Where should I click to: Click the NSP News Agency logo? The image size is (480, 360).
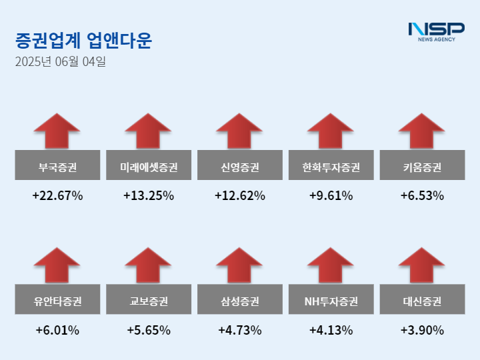tap(436, 31)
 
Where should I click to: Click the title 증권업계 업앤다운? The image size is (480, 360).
tap(83, 41)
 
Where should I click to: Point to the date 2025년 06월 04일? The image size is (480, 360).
tap(60, 63)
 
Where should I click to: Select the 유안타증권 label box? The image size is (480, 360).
tap(57, 301)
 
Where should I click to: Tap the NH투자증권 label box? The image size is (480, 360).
tap(331, 301)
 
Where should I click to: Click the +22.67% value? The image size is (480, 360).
tap(57, 196)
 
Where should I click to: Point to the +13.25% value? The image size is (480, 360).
tap(149, 196)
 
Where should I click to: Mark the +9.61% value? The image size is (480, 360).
tap(331, 196)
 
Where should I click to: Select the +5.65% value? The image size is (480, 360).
tap(149, 330)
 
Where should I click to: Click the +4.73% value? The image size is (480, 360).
tap(240, 330)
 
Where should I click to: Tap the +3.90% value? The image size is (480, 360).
tap(422, 330)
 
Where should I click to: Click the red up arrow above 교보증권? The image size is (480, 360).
tap(149, 265)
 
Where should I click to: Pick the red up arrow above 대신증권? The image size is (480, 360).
tap(422, 265)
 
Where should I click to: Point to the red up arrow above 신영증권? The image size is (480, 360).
tap(240, 131)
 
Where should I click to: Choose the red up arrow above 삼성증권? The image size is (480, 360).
tap(240, 265)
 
